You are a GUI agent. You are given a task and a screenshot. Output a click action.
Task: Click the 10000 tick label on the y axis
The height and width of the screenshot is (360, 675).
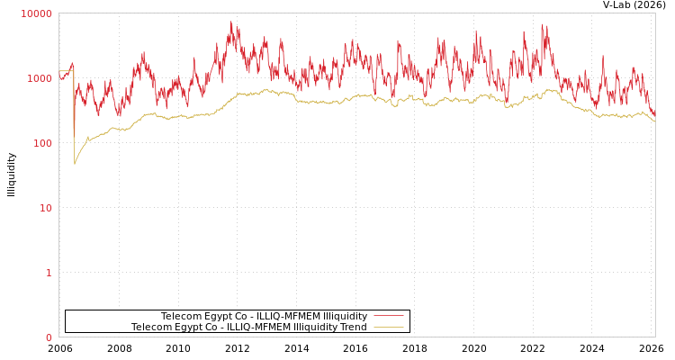click(37, 13)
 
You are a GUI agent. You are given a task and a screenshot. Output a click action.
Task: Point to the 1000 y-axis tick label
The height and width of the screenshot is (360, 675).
click(40, 78)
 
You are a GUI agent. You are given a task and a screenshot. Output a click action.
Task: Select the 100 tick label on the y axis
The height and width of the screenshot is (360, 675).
click(42, 143)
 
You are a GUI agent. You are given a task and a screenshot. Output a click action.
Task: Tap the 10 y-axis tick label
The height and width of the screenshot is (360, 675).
click(45, 208)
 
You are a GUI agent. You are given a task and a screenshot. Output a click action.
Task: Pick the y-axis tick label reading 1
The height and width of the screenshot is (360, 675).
click(49, 273)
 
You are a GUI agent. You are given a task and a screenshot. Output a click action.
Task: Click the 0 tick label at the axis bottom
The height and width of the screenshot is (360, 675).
click(49, 337)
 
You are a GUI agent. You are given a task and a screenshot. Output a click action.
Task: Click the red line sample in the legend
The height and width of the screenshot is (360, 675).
click(388, 316)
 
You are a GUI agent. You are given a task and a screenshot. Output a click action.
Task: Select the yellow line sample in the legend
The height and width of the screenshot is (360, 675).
click(388, 327)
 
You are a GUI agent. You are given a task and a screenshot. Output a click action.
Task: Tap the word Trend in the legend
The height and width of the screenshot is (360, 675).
click(353, 327)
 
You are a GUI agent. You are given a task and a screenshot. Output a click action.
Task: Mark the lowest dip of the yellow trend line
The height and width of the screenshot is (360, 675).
click(75, 164)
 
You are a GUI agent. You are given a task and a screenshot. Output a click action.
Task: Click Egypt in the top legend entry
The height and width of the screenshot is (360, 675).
click(214, 316)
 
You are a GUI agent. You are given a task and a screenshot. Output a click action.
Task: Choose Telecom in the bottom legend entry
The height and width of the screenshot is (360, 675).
click(150, 327)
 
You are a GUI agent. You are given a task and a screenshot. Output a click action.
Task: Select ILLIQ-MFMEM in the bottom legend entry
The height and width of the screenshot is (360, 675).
click(258, 327)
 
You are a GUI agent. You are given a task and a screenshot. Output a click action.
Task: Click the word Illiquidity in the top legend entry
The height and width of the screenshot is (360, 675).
click(345, 316)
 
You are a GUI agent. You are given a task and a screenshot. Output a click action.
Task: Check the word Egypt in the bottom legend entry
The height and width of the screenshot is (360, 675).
click(184, 327)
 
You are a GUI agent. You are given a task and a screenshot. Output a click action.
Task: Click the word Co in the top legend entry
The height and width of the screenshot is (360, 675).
click(238, 316)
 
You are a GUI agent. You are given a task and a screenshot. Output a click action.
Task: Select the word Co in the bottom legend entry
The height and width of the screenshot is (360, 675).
click(209, 327)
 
